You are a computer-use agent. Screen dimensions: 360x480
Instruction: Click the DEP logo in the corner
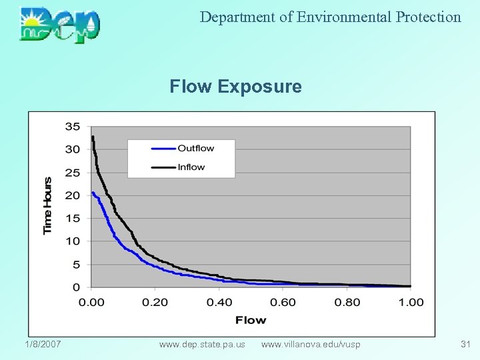pyautogui.click(x=60, y=25)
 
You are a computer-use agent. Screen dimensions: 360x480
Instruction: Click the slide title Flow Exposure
pyautogui.click(x=235, y=87)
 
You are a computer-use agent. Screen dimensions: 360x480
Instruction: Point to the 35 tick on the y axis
pyautogui.click(x=73, y=127)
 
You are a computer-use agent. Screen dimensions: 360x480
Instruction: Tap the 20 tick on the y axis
pyautogui.click(x=73, y=195)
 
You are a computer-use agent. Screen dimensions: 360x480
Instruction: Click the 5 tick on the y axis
pyautogui.click(x=75, y=265)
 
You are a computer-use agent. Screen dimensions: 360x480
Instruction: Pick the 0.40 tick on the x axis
pyautogui.click(x=219, y=303)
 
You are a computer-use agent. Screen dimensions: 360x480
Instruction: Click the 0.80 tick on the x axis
pyautogui.click(x=347, y=303)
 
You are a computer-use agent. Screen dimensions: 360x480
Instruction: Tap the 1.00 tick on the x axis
pyautogui.click(x=411, y=303)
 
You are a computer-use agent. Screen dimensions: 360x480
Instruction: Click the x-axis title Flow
pyautogui.click(x=251, y=321)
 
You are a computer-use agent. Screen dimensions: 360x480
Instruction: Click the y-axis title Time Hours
pyautogui.click(x=47, y=205)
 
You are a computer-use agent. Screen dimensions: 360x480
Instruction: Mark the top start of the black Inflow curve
pyautogui.click(x=93, y=137)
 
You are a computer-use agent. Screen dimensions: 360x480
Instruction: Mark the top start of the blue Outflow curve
pyautogui.click(x=93, y=193)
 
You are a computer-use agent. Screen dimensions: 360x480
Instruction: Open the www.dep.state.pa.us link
pyautogui.click(x=202, y=344)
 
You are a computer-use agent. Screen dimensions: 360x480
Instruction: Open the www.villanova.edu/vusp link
pyautogui.click(x=311, y=344)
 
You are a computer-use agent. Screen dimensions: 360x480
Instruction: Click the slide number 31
pyautogui.click(x=465, y=344)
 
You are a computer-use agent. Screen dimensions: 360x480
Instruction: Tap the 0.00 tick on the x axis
pyautogui.click(x=91, y=303)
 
